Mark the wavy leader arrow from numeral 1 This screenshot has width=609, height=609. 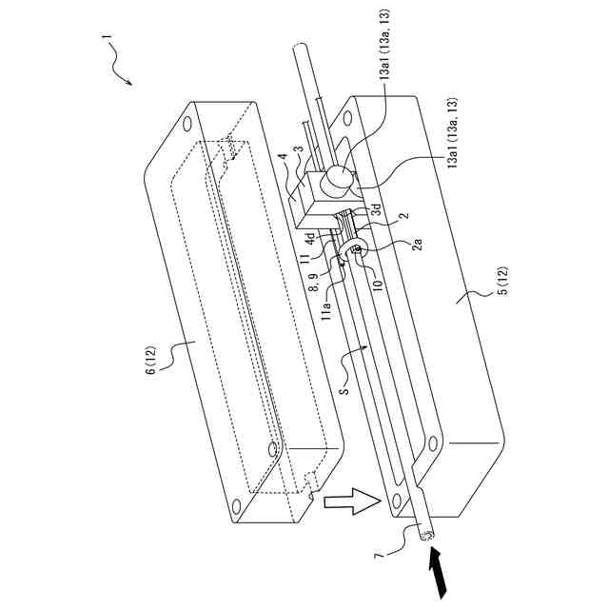pos(123,69)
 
